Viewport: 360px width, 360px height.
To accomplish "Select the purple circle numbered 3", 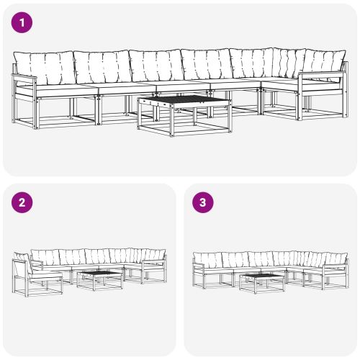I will (x=204, y=202).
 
